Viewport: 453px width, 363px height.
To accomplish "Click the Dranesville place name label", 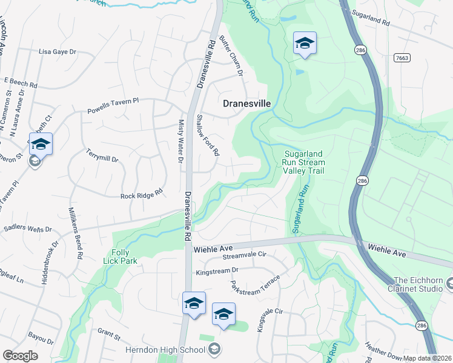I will (x=246, y=103).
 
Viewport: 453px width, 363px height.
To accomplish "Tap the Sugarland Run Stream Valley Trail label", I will (x=304, y=163).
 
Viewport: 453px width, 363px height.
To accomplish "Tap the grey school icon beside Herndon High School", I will (x=214, y=349).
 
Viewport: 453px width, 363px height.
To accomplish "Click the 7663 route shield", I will (x=401, y=58).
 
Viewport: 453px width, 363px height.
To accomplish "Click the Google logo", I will (x=20, y=356).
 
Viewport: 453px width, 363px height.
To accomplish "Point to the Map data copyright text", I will (x=427, y=358).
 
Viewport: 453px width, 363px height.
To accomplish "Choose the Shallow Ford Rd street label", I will (x=208, y=135).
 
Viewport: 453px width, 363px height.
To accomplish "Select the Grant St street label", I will (x=110, y=333).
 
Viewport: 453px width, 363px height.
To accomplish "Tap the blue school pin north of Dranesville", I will (x=305, y=44).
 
